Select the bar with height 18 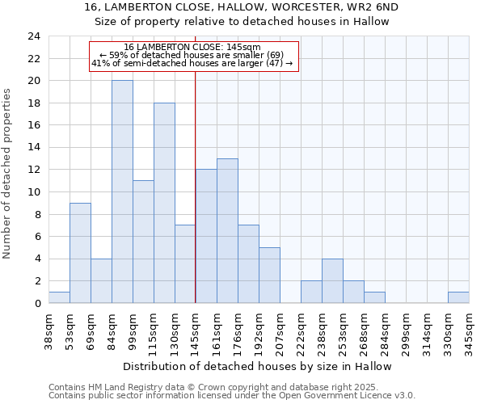164,203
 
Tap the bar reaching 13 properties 227,230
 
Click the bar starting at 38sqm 59,297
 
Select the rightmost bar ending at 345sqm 458,297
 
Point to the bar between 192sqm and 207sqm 269,275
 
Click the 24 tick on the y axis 33,36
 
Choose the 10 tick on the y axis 33,192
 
